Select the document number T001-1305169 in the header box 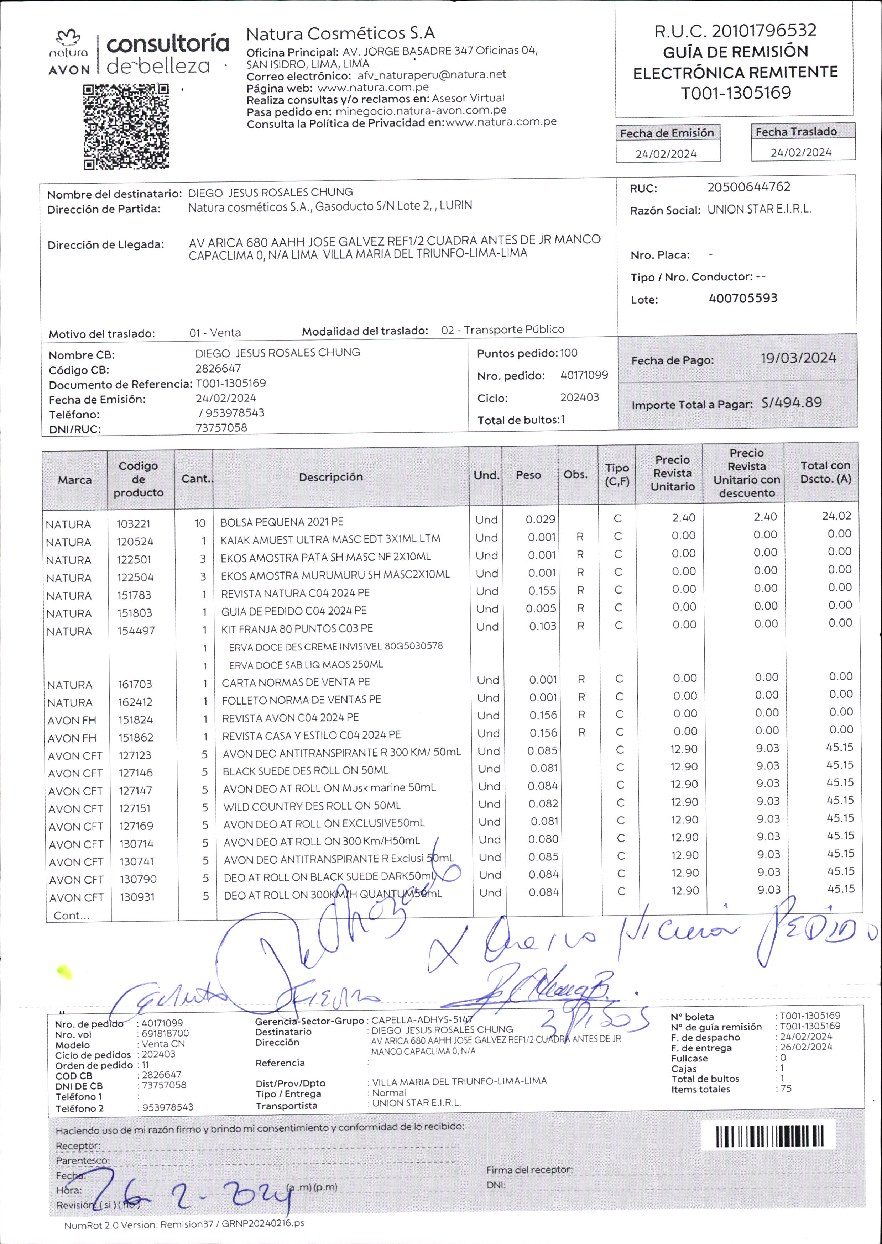point(736,93)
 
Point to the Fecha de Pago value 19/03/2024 point(798,358)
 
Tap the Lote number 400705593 point(743,298)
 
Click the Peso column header point(528,475)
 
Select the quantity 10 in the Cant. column point(200,523)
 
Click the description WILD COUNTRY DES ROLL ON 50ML point(312,806)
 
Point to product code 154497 point(136,631)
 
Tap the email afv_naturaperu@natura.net point(431,75)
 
